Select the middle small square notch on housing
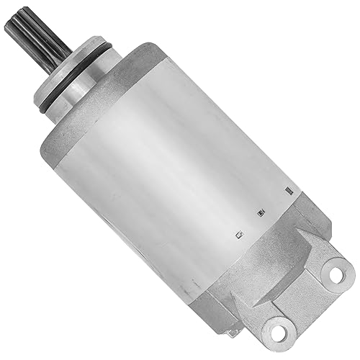pos(259,213)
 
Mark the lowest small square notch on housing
pos(235,235)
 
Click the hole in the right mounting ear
pos(333,272)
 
